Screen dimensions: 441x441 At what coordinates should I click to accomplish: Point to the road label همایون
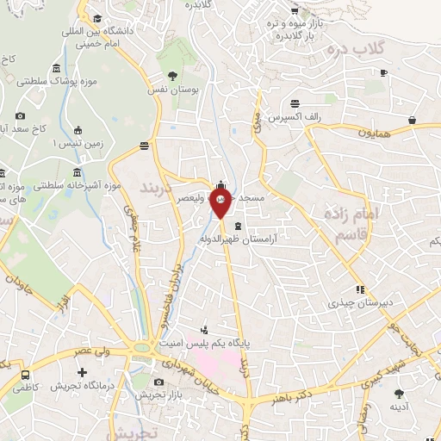coord(376,134)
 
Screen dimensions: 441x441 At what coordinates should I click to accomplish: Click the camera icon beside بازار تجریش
coord(158,382)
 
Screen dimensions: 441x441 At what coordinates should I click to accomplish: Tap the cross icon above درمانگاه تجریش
coord(82,373)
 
